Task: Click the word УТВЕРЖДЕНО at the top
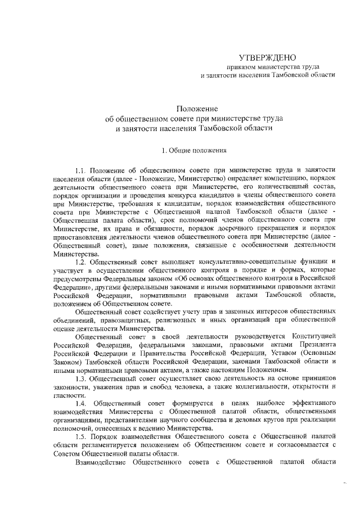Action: (267, 57)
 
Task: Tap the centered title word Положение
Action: (193, 109)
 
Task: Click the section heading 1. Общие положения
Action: (194, 150)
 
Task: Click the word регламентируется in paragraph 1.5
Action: (96, 446)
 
